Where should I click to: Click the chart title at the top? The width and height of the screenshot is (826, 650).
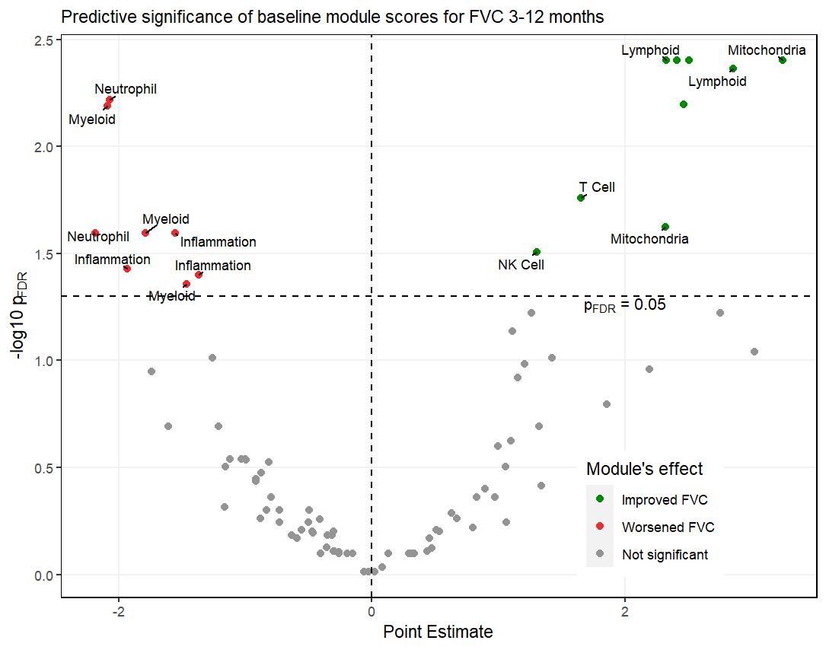point(332,17)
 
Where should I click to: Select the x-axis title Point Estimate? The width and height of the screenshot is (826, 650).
point(438,632)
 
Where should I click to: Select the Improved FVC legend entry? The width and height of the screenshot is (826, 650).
point(664,500)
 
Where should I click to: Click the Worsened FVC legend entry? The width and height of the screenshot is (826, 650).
point(668,527)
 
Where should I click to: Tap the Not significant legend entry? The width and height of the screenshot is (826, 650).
point(664,555)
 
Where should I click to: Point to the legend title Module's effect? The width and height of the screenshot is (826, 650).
point(644,469)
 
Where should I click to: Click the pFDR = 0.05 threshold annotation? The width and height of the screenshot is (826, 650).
point(624,305)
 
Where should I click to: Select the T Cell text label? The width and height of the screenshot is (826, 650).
point(597,187)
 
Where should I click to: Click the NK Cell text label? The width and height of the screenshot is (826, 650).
point(521,265)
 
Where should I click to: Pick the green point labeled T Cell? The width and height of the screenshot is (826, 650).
point(581,198)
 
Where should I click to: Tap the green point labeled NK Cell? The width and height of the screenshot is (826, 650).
point(536,252)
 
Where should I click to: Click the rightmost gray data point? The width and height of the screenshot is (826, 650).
point(754,352)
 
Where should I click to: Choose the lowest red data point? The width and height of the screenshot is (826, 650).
point(187,284)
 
